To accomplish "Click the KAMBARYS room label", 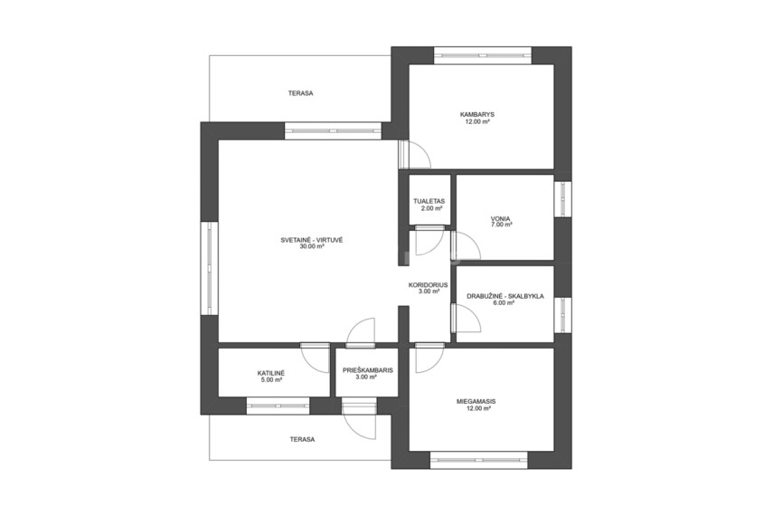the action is point(477,115).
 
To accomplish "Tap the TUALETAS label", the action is point(429,202).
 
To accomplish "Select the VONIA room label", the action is point(500,218).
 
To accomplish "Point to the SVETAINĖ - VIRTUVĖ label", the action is point(312,241).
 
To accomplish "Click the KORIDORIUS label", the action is point(428,285).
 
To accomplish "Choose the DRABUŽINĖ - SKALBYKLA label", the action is point(505,297).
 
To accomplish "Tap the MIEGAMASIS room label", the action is point(476,402).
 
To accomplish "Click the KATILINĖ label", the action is point(271,373).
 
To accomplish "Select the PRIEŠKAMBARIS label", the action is point(368,370).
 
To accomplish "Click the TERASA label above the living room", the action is point(301,93).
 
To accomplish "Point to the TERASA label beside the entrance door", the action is point(302,439).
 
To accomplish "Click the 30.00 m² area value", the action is point(312,247).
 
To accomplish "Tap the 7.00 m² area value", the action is point(502,225).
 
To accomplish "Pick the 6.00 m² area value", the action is point(504,303).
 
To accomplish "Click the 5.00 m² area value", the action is point(271,379).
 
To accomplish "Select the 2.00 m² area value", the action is point(431,208).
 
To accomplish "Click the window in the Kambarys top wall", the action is point(483,55).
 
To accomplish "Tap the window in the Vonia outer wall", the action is point(563,199).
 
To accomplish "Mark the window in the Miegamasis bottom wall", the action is point(479,460).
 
